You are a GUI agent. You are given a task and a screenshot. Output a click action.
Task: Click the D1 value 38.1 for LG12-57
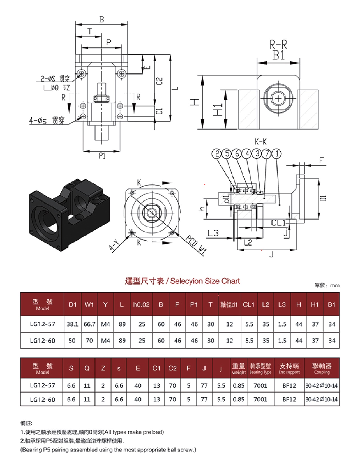click(x=72, y=324)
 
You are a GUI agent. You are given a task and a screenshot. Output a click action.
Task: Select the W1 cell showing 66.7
click(x=89, y=324)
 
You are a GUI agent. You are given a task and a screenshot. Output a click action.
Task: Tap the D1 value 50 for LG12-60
click(x=72, y=341)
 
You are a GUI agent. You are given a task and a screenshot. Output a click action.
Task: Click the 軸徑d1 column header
click(x=229, y=305)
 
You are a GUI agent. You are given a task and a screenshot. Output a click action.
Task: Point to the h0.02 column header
click(x=141, y=305)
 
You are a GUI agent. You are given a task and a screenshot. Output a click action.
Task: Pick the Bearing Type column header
click(x=260, y=368)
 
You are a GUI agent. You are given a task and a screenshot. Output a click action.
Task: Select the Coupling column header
click(x=322, y=368)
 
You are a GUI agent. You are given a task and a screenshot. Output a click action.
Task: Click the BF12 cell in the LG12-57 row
click(x=289, y=386)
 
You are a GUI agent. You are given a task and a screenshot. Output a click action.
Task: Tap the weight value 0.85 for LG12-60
click(x=239, y=400)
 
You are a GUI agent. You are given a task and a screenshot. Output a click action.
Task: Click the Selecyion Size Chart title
click(x=183, y=281)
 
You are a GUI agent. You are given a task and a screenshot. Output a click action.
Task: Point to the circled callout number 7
click(x=267, y=154)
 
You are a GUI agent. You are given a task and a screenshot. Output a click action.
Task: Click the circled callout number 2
click(x=217, y=154)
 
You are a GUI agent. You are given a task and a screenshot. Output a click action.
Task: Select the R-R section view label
click(x=278, y=45)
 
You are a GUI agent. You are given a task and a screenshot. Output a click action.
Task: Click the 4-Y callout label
click(x=114, y=245)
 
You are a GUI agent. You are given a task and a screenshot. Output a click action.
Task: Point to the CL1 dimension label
click(x=278, y=223)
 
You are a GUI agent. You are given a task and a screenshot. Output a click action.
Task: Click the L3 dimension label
click(x=213, y=233)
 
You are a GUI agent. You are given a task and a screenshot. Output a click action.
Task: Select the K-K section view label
click(x=260, y=142)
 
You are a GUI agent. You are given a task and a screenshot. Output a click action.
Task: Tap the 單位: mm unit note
click(x=327, y=285)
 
